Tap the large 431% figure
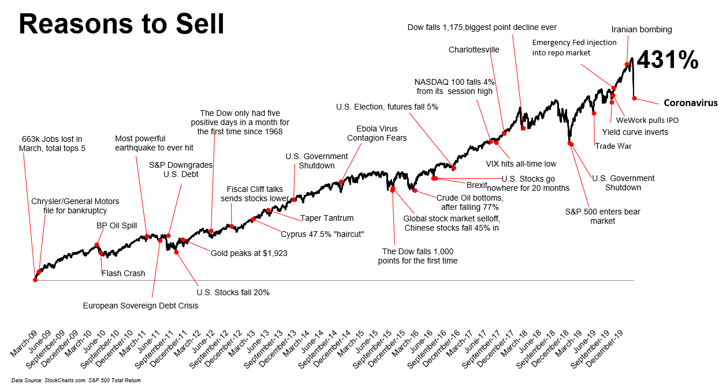pos(667,60)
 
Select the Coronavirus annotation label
pos(690,103)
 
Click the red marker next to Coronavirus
pos(634,99)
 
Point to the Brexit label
pos(477,185)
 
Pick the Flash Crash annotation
pos(123,273)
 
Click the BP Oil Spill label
pos(117,225)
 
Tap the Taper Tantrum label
pos(326,218)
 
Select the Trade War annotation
pos(613,146)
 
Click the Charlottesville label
pos(474,50)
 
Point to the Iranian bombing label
pos(642,29)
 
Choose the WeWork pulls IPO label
pos(647,120)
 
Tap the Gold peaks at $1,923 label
pos(249,253)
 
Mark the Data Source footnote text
pos(76,381)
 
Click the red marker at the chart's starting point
pos(35,280)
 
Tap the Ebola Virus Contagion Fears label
pos(377,133)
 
